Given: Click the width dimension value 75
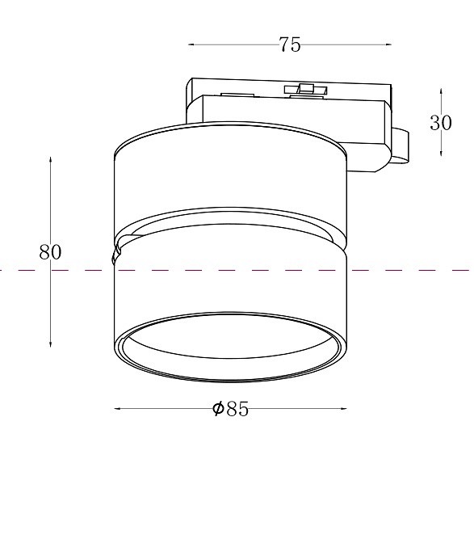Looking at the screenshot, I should pos(290,45).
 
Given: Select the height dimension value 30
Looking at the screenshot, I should pos(440,122).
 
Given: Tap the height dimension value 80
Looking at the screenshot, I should pos(50,251).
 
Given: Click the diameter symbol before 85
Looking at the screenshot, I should pos(218,410).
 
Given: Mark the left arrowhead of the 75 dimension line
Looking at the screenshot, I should pos(191,44).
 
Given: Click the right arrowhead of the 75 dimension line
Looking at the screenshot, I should pos(388,44).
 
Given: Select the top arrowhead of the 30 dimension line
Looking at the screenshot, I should pos(441,91).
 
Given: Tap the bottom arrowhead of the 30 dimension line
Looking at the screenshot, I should pos(441,154).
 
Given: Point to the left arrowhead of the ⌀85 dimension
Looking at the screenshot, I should pos(117,409).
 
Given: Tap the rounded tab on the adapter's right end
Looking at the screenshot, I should pos(400,146).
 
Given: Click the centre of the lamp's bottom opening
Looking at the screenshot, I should pos(230,345).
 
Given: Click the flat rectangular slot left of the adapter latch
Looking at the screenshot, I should pos(234,95).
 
